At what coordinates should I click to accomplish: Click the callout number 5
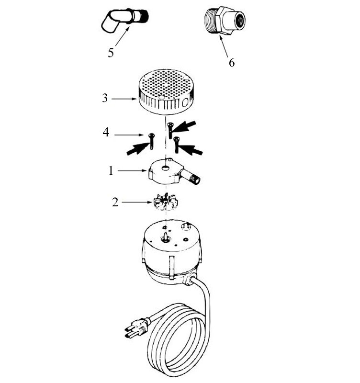click(x=111, y=53)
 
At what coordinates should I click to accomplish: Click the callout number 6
click(x=232, y=63)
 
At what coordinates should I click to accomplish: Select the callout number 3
click(x=105, y=98)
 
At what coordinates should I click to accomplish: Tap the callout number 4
click(x=106, y=133)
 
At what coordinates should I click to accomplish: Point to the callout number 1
click(x=111, y=171)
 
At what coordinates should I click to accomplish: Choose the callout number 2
click(x=115, y=202)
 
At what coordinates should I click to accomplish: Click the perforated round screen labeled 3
click(x=166, y=91)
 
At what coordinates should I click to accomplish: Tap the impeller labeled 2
click(x=165, y=202)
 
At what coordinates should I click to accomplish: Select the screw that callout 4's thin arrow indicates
click(x=152, y=141)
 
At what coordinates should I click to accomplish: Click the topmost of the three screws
click(x=170, y=130)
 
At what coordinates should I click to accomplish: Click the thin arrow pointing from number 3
click(x=124, y=99)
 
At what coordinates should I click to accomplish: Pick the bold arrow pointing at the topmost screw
click(x=184, y=127)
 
